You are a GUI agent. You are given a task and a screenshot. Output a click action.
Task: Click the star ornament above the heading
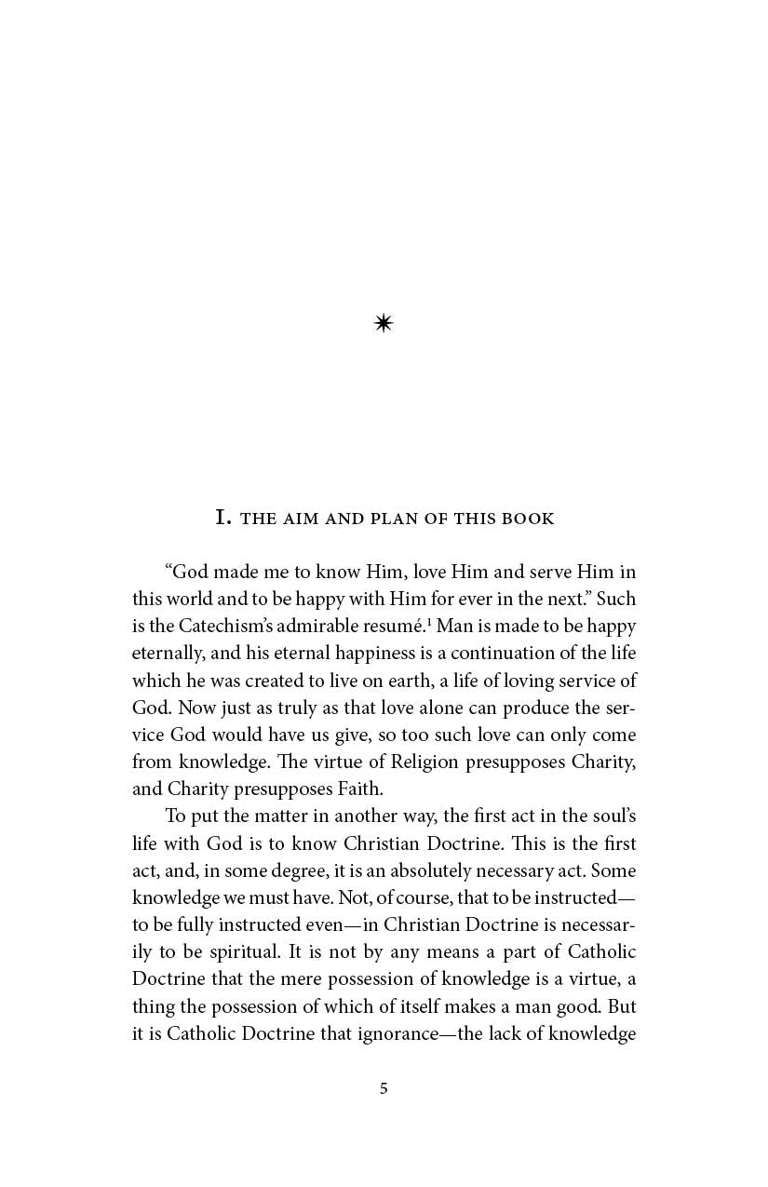click(383, 323)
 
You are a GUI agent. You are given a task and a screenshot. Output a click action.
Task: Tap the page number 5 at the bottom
click(384, 1088)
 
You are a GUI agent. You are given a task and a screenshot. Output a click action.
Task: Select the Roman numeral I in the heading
click(222, 518)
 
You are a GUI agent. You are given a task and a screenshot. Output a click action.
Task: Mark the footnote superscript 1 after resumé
click(441, 621)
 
